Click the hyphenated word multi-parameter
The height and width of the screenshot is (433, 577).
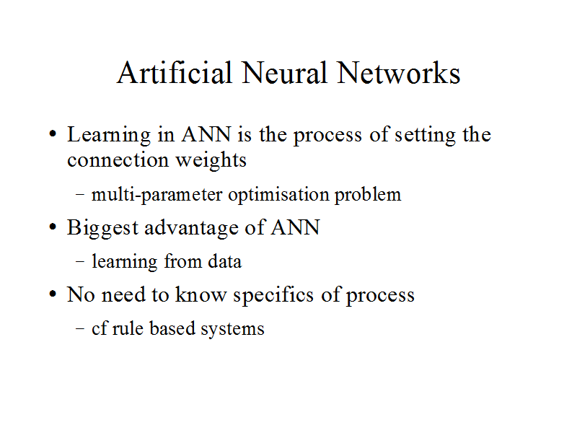coord(158,195)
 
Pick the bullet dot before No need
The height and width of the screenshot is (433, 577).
coord(53,295)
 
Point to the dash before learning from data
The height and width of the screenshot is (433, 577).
coord(79,262)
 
